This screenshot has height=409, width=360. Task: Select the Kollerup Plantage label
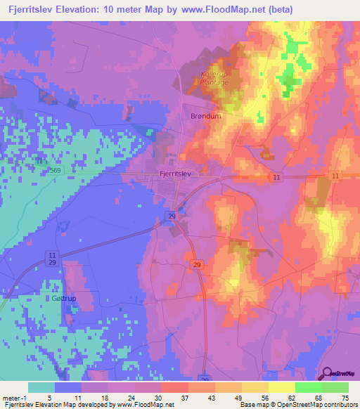click(x=214, y=78)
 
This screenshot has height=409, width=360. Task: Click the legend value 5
click(x=48, y=398)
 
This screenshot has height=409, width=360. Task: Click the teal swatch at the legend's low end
click(x=41, y=387)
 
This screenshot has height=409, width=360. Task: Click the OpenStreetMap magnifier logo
click(x=327, y=375)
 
